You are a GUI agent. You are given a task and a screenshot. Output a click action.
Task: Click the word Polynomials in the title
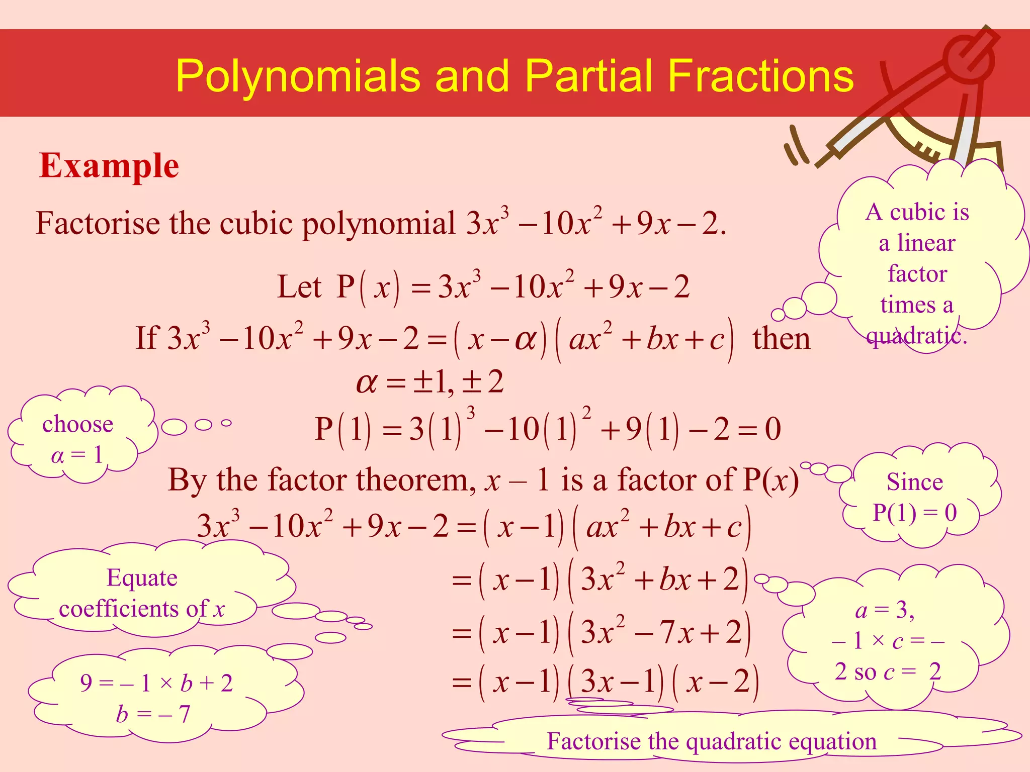pos(297,76)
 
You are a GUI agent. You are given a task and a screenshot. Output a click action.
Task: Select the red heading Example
pos(109,166)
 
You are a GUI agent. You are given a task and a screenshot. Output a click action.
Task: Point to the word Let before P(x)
pos(299,287)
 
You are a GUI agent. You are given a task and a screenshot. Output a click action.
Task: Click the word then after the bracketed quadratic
pos(781,338)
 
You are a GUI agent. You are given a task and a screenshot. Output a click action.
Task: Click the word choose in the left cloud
pos(78,424)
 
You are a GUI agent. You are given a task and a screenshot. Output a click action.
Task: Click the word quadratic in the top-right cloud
pos(916,336)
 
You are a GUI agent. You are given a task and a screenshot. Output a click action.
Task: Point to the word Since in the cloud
pos(914,482)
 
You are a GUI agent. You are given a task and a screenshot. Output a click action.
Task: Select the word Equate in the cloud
pos(142,578)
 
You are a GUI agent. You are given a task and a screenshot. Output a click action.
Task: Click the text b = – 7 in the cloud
pos(153,714)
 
